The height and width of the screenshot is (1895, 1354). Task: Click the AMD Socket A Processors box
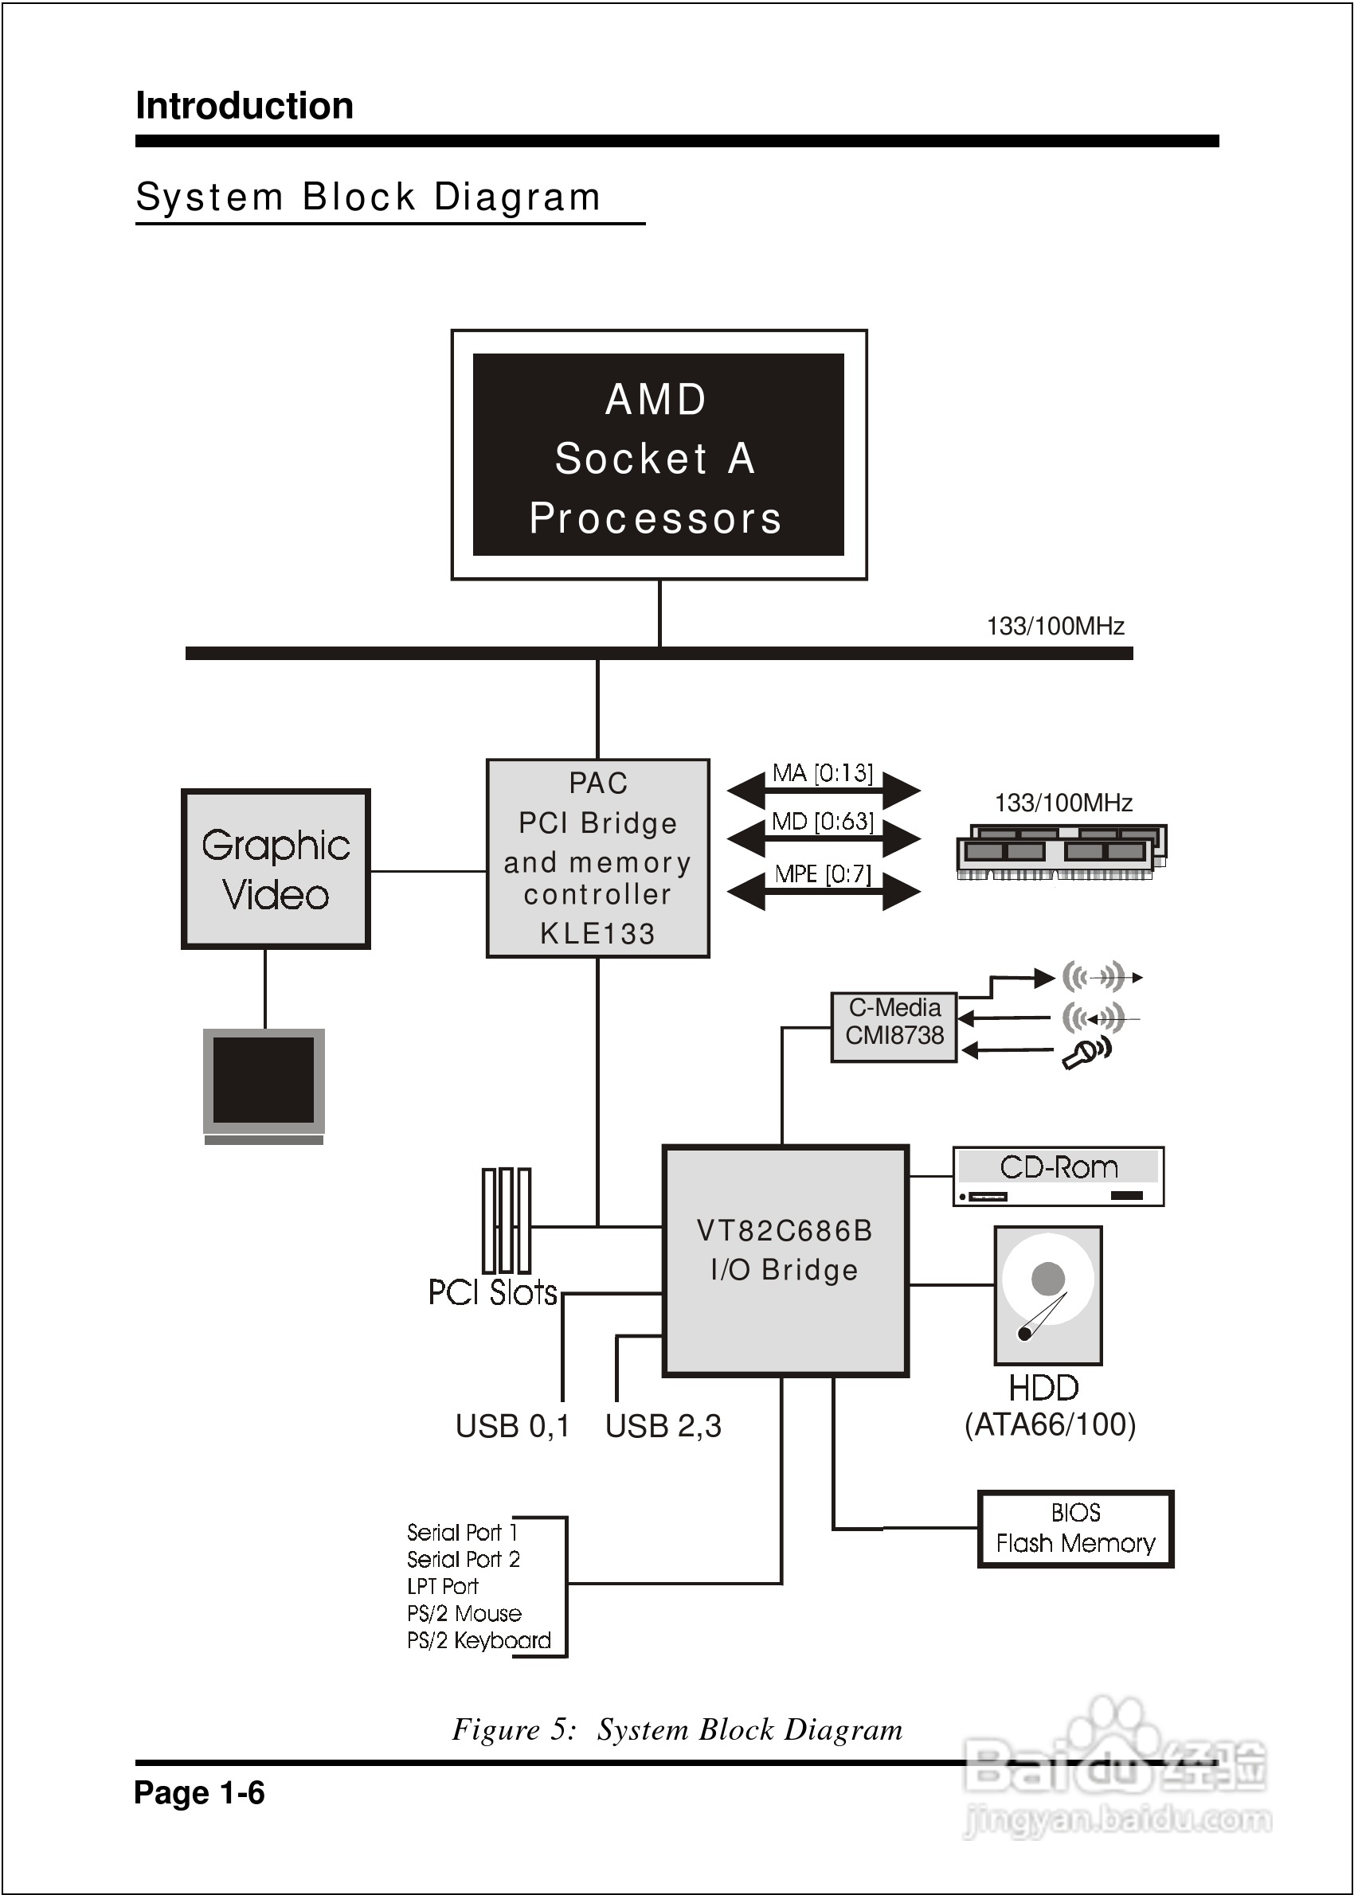[x=659, y=455]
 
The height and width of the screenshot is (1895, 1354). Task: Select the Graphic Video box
[x=276, y=869]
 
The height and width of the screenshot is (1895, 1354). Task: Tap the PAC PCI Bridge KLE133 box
[x=598, y=858]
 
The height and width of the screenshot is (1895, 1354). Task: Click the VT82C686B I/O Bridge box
[x=785, y=1260]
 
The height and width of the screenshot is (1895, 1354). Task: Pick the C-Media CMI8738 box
[x=894, y=1026]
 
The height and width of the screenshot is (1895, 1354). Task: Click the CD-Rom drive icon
[x=1058, y=1176]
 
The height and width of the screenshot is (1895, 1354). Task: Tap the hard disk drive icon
[x=1048, y=1295]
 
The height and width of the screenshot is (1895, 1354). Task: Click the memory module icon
[x=1061, y=851]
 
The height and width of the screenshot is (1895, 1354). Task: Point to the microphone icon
[x=1086, y=1053]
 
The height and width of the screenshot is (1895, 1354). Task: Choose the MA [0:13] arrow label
[x=822, y=773]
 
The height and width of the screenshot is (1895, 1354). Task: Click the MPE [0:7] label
[x=822, y=874]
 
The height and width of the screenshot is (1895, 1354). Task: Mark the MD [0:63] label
[x=822, y=822]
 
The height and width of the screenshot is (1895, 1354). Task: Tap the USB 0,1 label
[x=512, y=1426]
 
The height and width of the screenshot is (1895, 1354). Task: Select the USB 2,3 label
[x=663, y=1426]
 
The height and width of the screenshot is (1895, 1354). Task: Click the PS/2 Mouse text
[x=464, y=1613]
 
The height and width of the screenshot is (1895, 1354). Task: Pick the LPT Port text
[x=442, y=1586]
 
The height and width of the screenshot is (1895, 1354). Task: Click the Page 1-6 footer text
[x=199, y=1792]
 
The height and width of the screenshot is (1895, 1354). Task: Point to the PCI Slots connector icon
[x=506, y=1220]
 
